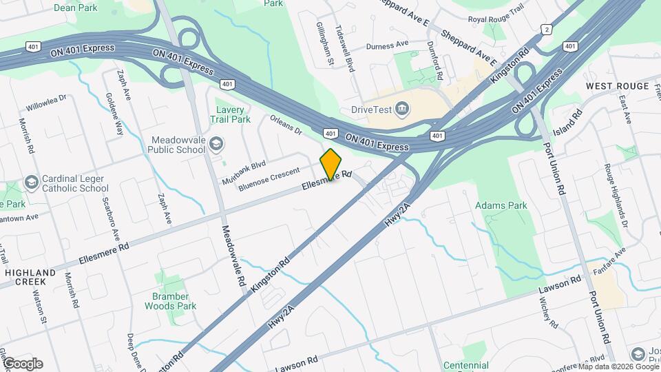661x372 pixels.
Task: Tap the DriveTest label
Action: tap(371, 108)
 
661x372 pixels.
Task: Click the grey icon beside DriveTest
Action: tap(403, 108)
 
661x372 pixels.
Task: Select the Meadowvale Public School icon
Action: tap(216, 143)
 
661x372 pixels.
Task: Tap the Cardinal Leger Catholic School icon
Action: tap(30, 183)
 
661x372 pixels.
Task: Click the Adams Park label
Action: tap(501, 205)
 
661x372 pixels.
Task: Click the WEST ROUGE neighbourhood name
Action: tap(618, 86)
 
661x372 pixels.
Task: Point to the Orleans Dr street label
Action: tap(285, 123)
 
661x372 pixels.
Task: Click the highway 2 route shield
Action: tap(546, 30)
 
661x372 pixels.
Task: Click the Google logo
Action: tap(22, 363)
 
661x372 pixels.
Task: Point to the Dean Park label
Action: tap(75, 8)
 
